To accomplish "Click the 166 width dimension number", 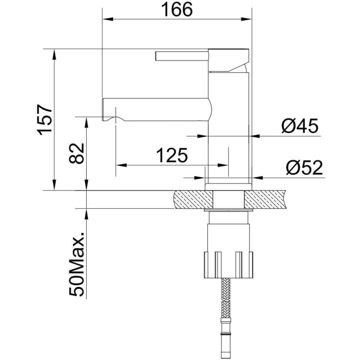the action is (x=177, y=9).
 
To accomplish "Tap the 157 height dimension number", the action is (x=45, y=120).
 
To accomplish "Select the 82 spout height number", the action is (x=76, y=153).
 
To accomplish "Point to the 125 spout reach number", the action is (x=172, y=155).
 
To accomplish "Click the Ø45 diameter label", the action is (x=300, y=125).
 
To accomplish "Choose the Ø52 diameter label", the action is (x=304, y=168).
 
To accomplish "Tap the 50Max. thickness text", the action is (x=77, y=264).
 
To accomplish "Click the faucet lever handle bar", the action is (x=182, y=56).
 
